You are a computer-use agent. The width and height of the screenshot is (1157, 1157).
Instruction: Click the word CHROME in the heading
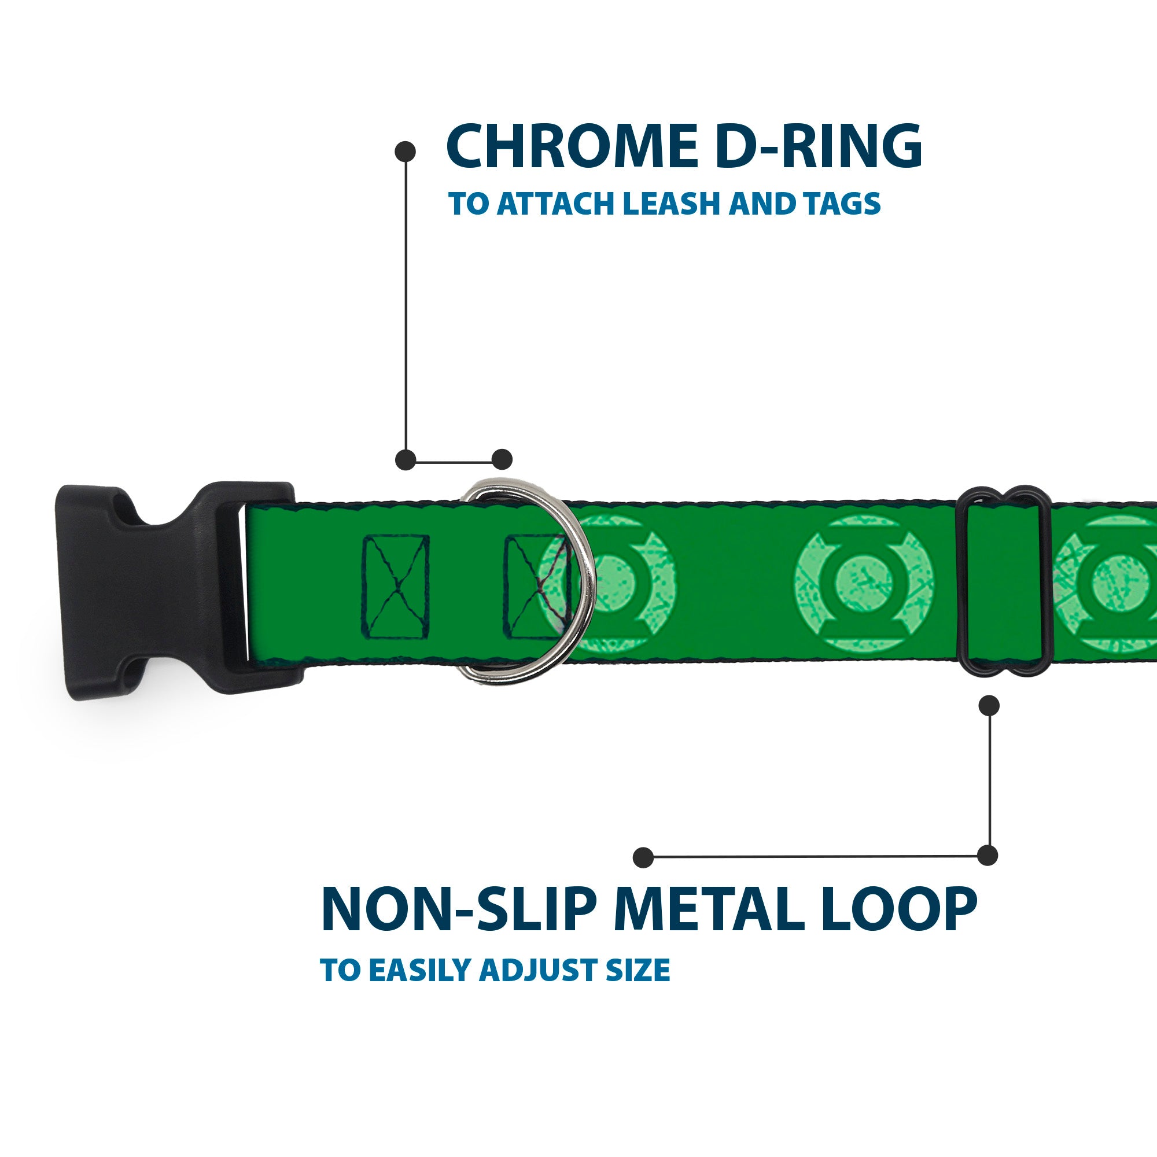(x=572, y=147)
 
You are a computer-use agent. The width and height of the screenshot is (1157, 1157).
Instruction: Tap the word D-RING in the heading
(x=818, y=147)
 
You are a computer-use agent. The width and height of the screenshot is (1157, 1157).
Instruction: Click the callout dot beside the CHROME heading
(x=406, y=152)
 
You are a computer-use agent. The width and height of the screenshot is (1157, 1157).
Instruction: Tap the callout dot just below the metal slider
(x=989, y=705)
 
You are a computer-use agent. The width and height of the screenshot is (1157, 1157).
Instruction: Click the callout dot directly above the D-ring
(x=502, y=459)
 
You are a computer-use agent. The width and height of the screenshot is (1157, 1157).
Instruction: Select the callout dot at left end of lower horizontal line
(x=643, y=857)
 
